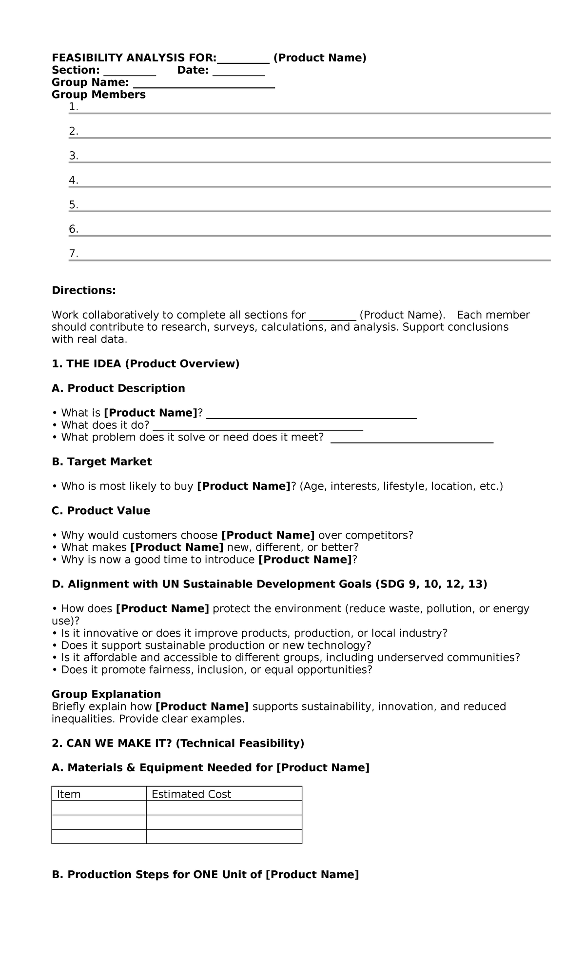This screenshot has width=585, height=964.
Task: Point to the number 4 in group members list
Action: tap(73, 181)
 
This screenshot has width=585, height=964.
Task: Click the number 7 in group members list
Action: tap(73, 254)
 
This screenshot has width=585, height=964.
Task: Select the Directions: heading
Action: tap(84, 291)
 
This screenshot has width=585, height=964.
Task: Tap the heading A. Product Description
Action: tap(118, 388)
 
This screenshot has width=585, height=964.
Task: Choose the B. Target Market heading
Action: tap(102, 462)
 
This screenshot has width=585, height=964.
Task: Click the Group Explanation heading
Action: tap(106, 694)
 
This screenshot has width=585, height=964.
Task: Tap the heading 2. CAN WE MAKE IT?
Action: tap(112, 743)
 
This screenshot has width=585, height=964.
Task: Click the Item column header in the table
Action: tap(69, 794)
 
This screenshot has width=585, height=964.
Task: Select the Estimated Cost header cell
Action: tap(191, 794)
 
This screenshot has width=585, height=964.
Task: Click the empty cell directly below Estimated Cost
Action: tap(224, 808)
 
